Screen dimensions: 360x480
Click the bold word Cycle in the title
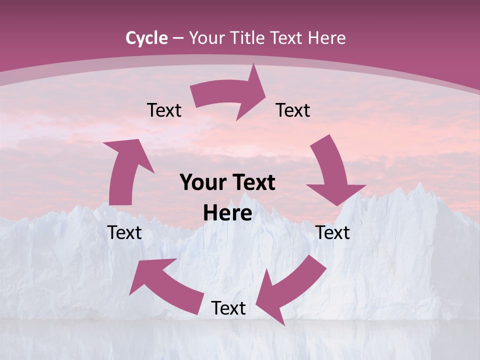(x=146, y=38)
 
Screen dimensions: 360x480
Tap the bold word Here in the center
(x=227, y=213)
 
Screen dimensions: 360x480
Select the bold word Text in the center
(x=252, y=182)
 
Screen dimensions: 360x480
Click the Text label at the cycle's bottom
(x=228, y=308)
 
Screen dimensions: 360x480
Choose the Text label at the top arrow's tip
(x=293, y=110)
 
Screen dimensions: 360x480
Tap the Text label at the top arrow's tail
(x=164, y=110)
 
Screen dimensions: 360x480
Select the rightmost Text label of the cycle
(x=332, y=232)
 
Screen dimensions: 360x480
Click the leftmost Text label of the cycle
(x=124, y=232)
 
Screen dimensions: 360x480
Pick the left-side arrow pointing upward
(x=124, y=170)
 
